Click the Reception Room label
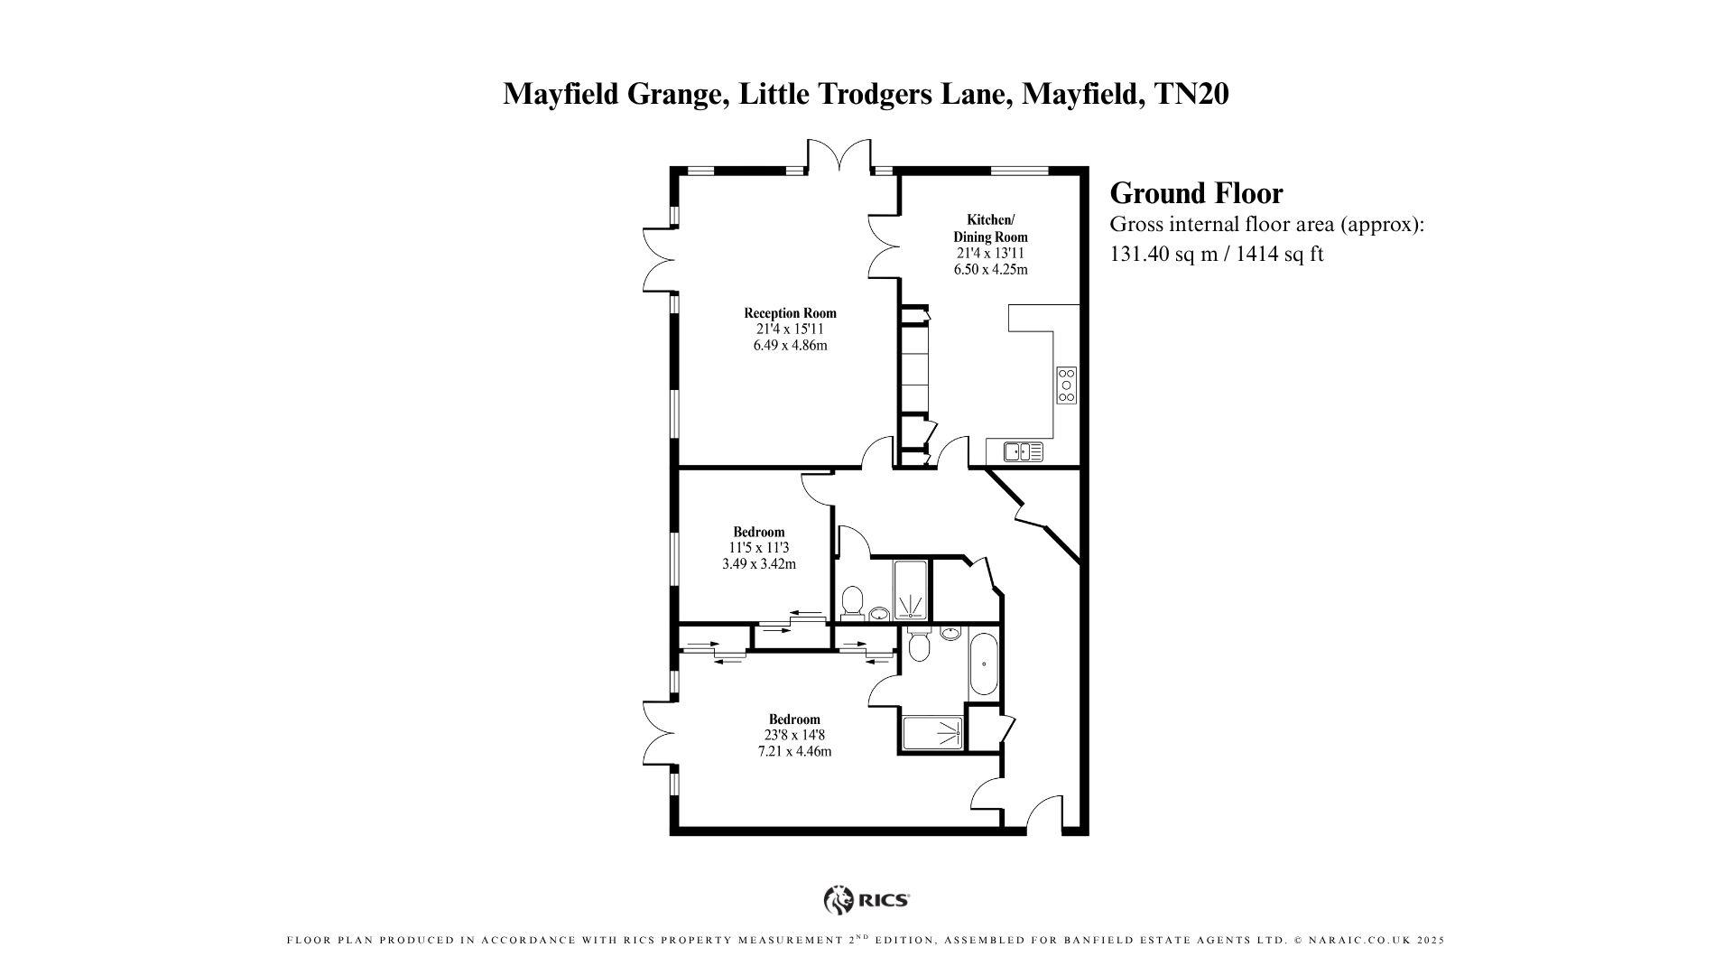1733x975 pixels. click(790, 313)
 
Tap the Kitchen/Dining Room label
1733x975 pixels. click(990, 228)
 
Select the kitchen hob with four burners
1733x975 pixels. click(1066, 385)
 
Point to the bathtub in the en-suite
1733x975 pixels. click(983, 664)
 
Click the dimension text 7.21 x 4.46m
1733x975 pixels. click(794, 751)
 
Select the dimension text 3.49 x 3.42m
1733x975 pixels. click(758, 564)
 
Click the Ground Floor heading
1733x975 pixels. click(1195, 193)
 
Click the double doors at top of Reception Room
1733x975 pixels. click(839, 155)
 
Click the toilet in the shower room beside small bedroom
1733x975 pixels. click(851, 600)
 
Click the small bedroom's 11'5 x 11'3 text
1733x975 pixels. click(758, 548)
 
